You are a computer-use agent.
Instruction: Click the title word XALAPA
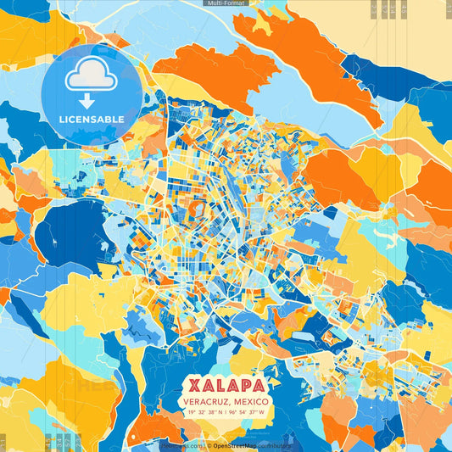(x=226, y=383)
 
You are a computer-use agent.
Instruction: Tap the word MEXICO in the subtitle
(x=253, y=401)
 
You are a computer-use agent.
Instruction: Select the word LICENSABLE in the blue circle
(x=91, y=119)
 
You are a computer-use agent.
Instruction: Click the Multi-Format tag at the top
(x=226, y=3)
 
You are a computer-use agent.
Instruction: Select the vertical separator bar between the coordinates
(x=226, y=413)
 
